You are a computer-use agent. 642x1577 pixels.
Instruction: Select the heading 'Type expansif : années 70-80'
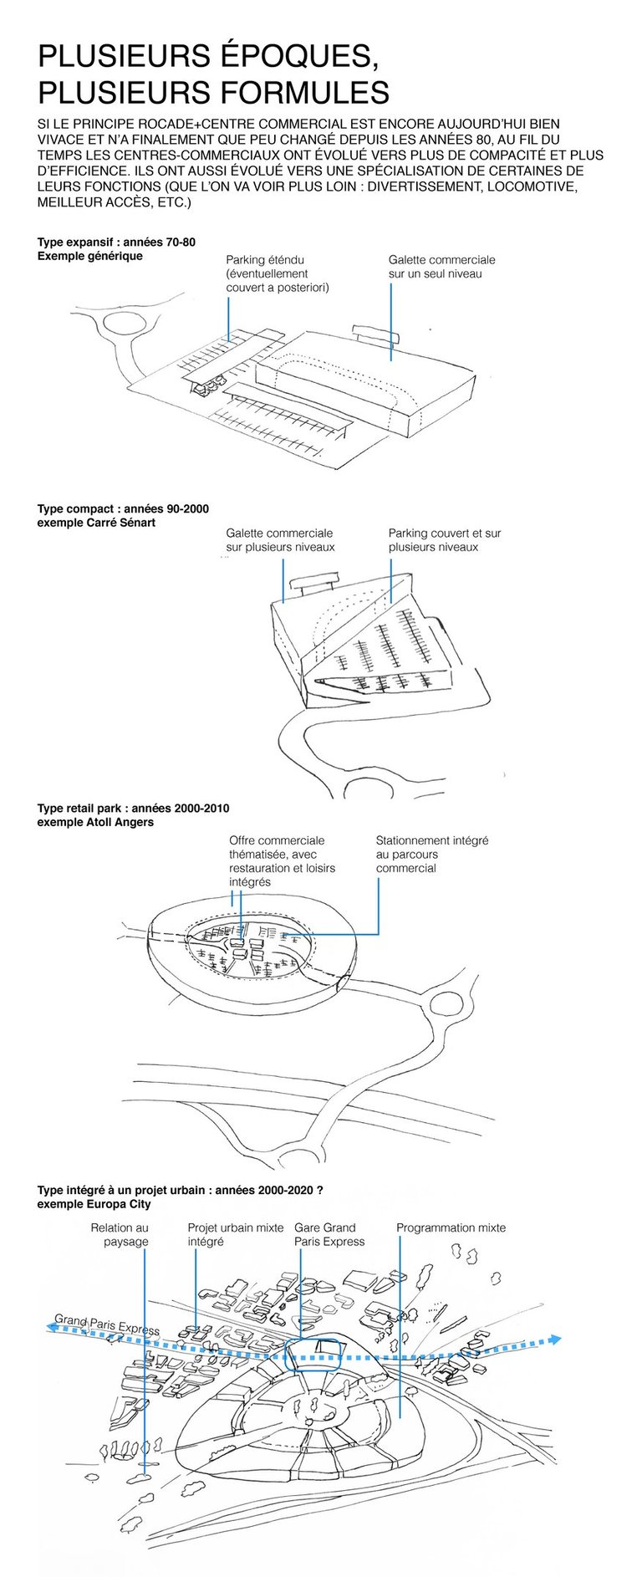coord(116,242)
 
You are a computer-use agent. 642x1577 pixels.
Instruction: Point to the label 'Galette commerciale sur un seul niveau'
coord(441,267)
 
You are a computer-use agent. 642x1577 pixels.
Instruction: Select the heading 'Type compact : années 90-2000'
coord(123,508)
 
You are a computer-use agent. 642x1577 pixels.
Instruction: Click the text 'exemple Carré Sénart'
coord(96,523)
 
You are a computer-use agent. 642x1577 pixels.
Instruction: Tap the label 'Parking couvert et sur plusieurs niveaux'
coord(444,540)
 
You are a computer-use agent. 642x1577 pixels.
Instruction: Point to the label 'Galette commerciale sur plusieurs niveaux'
coord(279,540)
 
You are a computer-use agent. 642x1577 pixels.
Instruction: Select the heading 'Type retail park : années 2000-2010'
coord(133,809)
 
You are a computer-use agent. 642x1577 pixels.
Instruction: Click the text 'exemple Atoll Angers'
coord(95,822)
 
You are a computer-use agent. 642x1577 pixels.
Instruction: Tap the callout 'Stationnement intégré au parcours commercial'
coord(431,854)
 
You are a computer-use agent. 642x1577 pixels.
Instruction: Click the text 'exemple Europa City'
coord(94,1204)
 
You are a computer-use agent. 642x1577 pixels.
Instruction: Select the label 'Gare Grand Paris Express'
coord(329,1234)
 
